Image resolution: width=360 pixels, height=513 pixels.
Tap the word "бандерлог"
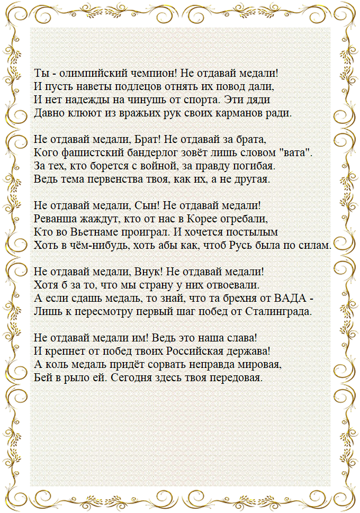coord(141,152)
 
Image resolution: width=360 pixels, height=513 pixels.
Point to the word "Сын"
coord(145,205)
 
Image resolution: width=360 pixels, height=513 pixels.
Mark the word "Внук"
coord(146,272)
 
